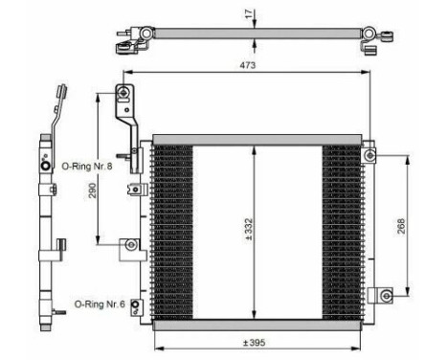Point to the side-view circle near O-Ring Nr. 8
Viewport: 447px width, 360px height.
click(x=44, y=166)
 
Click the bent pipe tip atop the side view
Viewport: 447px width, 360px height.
click(x=58, y=94)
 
